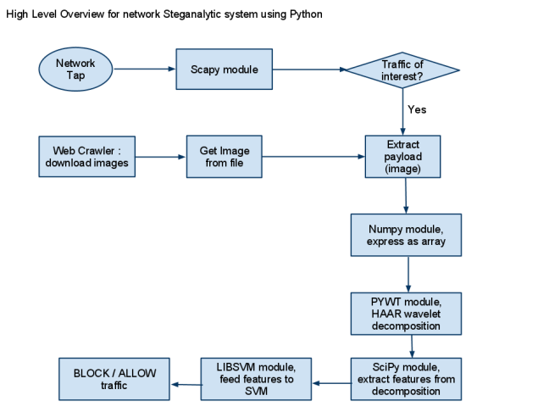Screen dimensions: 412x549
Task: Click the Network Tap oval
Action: pyautogui.click(x=75, y=69)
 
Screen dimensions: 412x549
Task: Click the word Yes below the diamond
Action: pyautogui.click(x=416, y=110)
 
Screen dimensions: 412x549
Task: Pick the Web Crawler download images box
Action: pyautogui.click(x=88, y=157)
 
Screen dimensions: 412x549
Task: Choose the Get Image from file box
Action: pyautogui.click(x=225, y=157)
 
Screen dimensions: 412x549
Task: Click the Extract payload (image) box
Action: pyautogui.click(x=402, y=157)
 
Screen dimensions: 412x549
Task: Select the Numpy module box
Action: pyautogui.click(x=407, y=235)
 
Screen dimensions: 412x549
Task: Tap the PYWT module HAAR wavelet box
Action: pyautogui.click(x=407, y=313)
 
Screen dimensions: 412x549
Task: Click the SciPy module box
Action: pyautogui.click(x=407, y=378)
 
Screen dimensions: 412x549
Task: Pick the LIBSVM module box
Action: pyautogui.click(x=247, y=378)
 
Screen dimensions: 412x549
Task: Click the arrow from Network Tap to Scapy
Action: pyautogui.click(x=143, y=69)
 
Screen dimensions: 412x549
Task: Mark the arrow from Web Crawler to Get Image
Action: pyautogui.click(x=161, y=157)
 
